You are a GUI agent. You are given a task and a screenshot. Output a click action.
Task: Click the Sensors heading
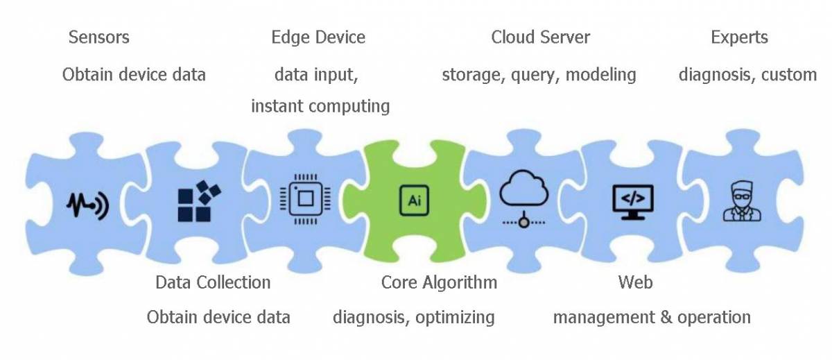98,37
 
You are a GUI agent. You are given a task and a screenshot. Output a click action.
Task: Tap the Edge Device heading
318,37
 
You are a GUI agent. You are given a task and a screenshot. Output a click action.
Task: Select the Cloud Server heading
540,37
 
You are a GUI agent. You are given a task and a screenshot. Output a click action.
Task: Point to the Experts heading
739,37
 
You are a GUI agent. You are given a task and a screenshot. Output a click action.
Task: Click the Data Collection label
213,282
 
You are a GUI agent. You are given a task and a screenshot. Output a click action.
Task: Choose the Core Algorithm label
439,282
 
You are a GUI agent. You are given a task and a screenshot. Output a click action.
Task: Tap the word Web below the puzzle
635,282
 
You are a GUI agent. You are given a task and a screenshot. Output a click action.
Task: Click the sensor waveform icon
87,205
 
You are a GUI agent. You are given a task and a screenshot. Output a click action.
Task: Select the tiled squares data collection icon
199,201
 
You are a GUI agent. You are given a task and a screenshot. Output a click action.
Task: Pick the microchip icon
303,201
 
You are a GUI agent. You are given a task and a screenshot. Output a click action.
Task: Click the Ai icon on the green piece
413,200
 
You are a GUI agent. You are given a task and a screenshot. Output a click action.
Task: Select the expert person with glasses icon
741,201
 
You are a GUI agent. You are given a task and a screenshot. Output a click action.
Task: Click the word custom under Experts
789,74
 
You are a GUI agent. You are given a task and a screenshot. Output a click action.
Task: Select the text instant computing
320,106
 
